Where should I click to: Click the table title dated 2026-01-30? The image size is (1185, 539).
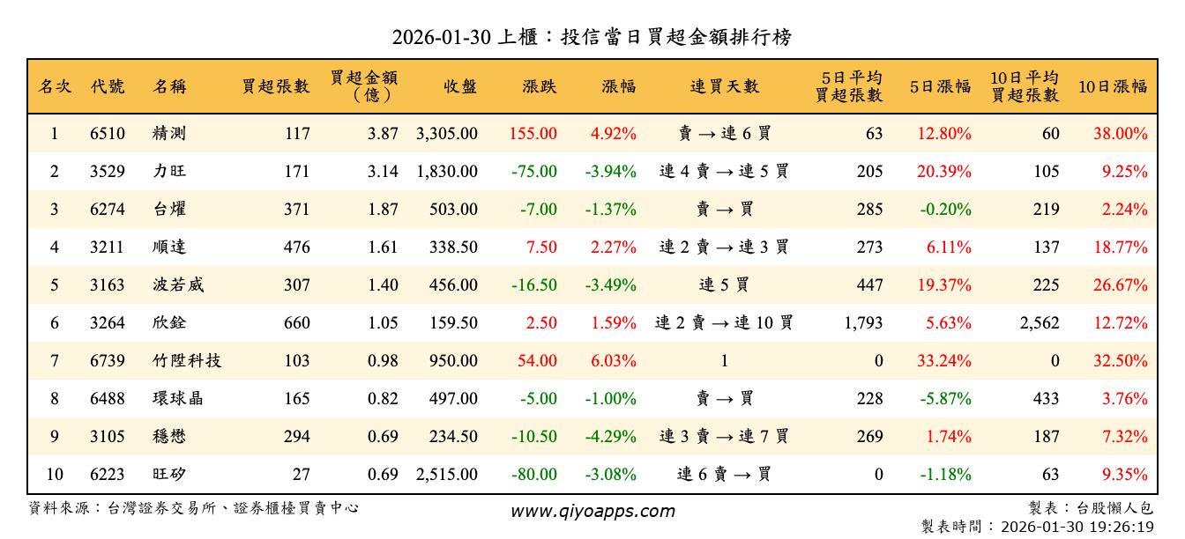(x=592, y=37)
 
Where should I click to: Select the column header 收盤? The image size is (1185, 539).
(x=460, y=86)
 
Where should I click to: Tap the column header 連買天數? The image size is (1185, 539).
(x=724, y=86)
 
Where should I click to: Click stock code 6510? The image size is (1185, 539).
(x=108, y=134)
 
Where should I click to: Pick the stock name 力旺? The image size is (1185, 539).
(x=168, y=172)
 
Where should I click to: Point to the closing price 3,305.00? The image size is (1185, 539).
(x=447, y=134)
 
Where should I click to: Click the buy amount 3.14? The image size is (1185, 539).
(x=383, y=172)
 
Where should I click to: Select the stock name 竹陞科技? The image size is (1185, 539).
(x=186, y=361)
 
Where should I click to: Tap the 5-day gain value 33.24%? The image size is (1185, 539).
(x=943, y=361)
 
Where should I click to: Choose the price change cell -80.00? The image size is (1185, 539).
(x=534, y=475)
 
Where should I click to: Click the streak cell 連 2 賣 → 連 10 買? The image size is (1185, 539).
(x=724, y=323)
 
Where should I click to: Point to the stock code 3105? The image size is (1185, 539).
(x=108, y=437)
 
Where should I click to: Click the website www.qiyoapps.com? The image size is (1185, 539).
(x=592, y=511)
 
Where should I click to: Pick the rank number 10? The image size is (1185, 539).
(x=55, y=475)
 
